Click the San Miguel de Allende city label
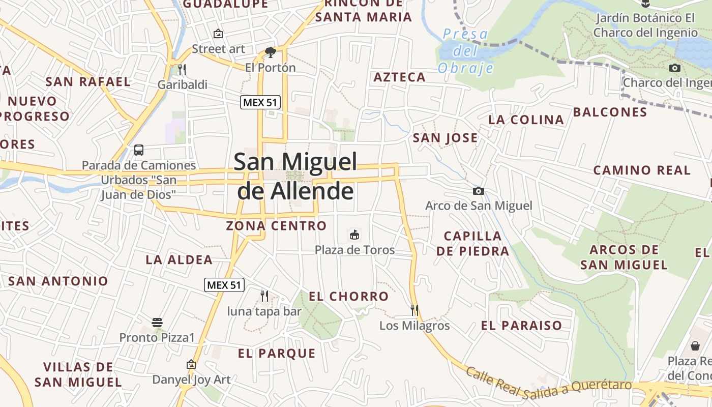click(295, 176)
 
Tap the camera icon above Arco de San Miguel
click(478, 191)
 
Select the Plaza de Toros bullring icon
click(354, 235)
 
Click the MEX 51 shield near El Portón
click(260, 102)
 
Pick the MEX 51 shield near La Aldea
click(224, 285)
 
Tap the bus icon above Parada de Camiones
click(138, 150)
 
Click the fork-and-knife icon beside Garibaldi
click(182, 69)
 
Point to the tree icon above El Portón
click(271, 52)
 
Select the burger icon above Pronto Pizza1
click(157, 323)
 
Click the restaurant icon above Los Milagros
click(414, 310)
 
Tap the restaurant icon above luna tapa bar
click(264, 296)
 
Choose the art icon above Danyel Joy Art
click(191, 364)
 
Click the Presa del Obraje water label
click(465, 51)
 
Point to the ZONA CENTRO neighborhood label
click(276, 225)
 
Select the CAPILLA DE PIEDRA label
click(472, 243)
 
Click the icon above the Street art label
click(218, 34)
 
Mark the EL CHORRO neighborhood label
click(348, 296)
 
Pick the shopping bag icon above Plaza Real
click(695, 346)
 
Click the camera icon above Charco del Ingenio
click(674, 68)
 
